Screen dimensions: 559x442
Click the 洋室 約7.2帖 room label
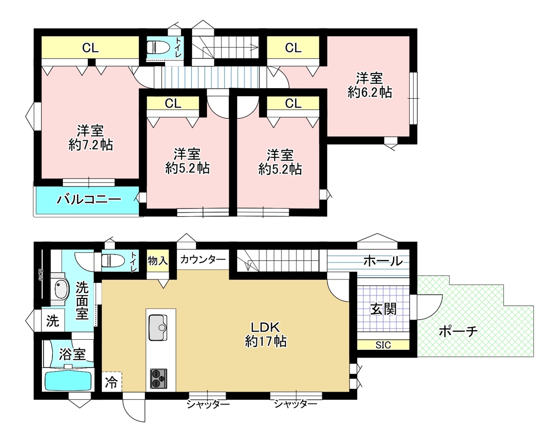[91, 138]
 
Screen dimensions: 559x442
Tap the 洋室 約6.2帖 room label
[369, 85]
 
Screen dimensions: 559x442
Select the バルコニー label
[89, 200]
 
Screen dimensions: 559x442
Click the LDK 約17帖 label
[266, 335]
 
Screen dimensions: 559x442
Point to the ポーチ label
[458, 331]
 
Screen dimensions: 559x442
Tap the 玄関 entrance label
[383, 310]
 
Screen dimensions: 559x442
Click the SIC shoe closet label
[383, 345]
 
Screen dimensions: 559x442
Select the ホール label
[383, 261]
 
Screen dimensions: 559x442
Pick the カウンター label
[203, 259]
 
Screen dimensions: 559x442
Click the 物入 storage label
[158, 261]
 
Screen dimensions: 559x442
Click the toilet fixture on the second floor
[158, 48]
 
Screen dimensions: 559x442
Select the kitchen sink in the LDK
[158, 328]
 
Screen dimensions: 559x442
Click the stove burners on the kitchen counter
[158, 379]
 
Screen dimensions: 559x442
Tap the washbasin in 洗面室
[62, 289]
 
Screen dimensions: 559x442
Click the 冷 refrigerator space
[111, 383]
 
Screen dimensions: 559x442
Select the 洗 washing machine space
[53, 321]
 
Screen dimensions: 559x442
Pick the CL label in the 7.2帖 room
[90, 48]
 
